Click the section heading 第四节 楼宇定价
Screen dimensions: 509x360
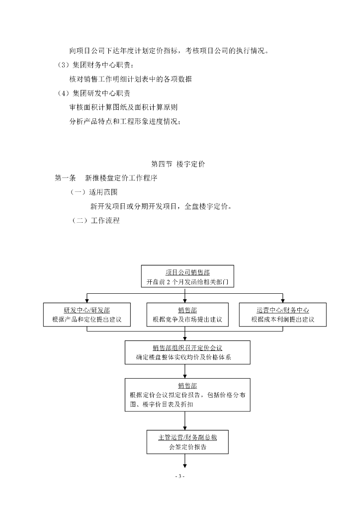click(180, 164)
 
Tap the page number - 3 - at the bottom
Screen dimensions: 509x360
click(180, 477)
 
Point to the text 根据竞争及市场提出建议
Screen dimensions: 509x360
click(184, 320)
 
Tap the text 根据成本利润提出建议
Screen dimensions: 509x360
click(283, 320)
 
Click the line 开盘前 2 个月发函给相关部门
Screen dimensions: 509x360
click(187, 281)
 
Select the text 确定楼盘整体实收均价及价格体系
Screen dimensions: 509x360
click(187, 357)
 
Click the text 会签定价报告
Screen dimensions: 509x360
click(187, 447)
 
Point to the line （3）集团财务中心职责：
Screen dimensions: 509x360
click(95, 65)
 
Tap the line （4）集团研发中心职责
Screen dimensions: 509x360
click(94, 93)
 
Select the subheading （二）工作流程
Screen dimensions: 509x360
click(95, 221)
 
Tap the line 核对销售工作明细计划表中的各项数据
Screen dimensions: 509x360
click(131, 79)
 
